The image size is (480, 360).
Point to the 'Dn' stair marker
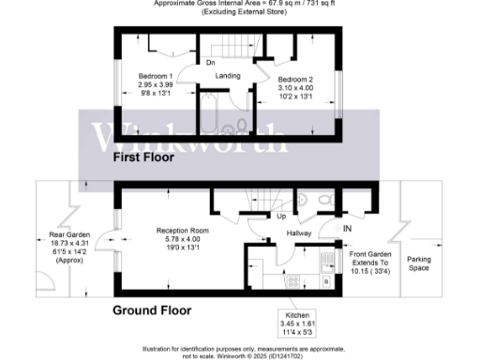coord(210,63)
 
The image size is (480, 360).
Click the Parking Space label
coord(418,263)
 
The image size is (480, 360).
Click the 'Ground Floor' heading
coord(152,309)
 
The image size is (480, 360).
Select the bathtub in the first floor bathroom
coord(208,114)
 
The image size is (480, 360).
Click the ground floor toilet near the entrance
coord(322,202)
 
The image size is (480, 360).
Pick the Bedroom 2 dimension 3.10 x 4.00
coord(298,85)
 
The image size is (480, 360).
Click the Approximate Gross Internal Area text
coord(239,5)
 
